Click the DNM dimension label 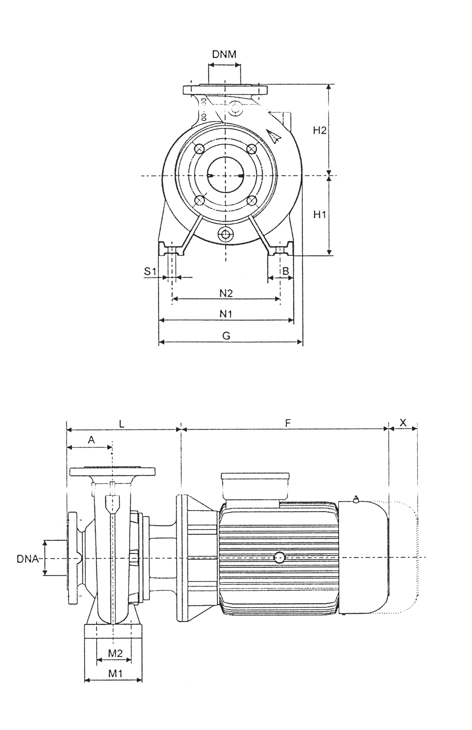[224, 54]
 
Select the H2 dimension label [319, 130]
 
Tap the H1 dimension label [319, 215]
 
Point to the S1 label [150, 271]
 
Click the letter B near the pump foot [285, 271]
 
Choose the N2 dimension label [226, 293]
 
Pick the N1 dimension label [226, 314]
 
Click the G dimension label [226, 336]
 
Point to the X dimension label [403, 423]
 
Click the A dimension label [91, 440]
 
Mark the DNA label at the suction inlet [27, 559]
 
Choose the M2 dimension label [115, 653]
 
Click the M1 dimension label [115, 673]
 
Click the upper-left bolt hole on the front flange [199, 149]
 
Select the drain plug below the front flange [226, 234]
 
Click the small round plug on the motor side [279, 558]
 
